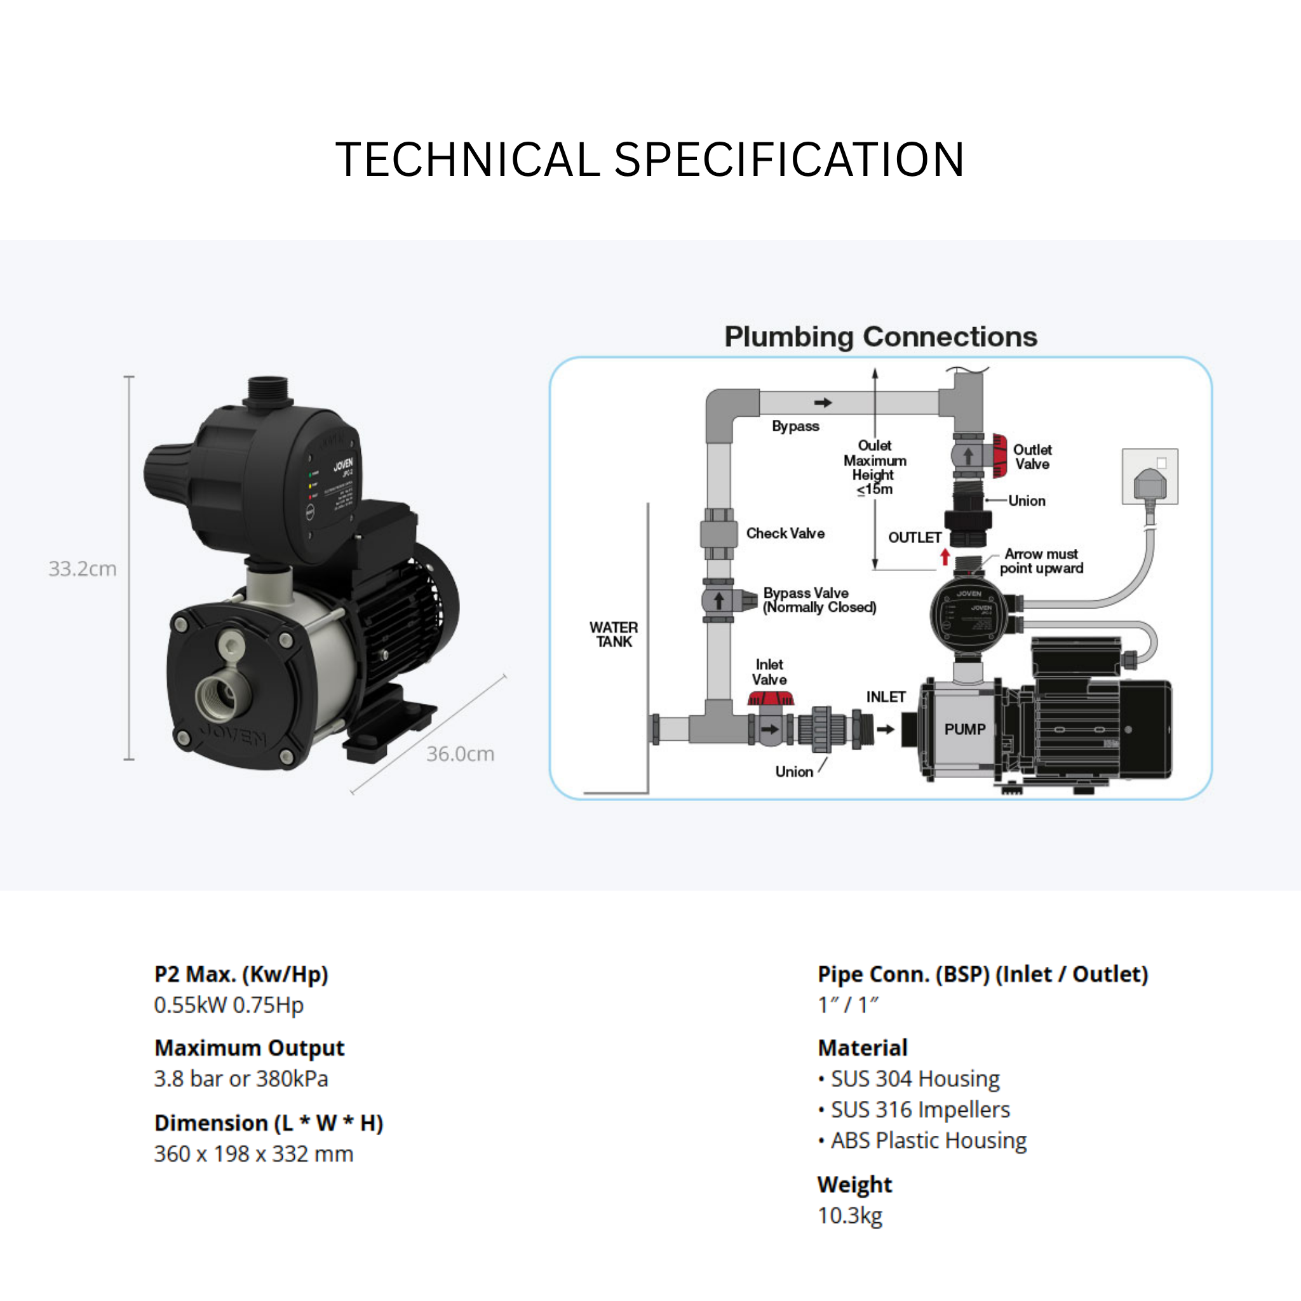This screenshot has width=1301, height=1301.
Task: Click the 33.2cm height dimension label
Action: click(x=82, y=569)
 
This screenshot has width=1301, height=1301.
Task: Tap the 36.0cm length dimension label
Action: click(x=460, y=753)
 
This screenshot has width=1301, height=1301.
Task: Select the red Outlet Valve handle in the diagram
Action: click(x=1000, y=456)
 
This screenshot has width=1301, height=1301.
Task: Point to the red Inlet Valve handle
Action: click(x=771, y=699)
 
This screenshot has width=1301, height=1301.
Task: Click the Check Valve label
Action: click(x=785, y=534)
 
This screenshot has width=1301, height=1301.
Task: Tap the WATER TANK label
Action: click(x=614, y=635)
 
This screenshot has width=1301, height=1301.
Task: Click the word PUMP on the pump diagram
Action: click(x=964, y=729)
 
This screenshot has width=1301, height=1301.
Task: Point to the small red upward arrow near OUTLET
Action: click(x=945, y=557)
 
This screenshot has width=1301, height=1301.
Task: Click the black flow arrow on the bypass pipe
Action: click(x=823, y=403)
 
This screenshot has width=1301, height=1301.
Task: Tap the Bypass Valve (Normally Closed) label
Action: click(x=819, y=600)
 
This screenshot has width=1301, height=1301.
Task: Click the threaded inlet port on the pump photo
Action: click(x=222, y=698)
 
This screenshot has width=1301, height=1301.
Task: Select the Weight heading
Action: click(x=854, y=1185)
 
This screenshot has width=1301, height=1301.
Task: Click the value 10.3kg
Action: click(x=850, y=1215)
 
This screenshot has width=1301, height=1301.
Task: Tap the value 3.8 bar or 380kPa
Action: click(x=241, y=1079)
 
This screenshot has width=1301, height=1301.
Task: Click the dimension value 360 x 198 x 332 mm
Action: click(x=254, y=1154)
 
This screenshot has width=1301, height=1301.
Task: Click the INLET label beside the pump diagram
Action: click(x=886, y=697)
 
